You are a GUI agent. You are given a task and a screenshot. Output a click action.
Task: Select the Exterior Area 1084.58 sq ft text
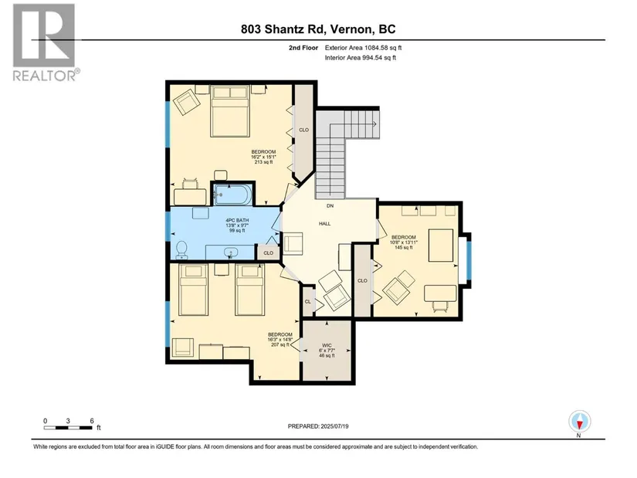click(x=363, y=48)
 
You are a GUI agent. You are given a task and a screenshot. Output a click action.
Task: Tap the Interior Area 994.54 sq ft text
click(x=361, y=58)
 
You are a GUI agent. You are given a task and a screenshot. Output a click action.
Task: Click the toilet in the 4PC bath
click(x=181, y=250)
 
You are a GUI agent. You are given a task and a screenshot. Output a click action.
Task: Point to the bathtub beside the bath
click(x=232, y=195)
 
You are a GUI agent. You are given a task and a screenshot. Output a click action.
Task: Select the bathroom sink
click(x=231, y=253)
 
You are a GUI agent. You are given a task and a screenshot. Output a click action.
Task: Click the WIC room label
click(x=327, y=345)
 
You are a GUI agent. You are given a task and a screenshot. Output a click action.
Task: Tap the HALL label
click(x=324, y=223)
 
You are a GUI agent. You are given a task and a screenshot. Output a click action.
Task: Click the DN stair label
click(x=330, y=206)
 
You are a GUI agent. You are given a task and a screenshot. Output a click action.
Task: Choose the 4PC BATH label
click(x=237, y=220)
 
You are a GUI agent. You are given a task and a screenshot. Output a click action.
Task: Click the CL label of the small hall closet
click(x=307, y=302)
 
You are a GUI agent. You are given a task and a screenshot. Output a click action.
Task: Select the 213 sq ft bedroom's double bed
click(x=230, y=111)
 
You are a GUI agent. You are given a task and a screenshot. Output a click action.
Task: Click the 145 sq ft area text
click(x=404, y=248)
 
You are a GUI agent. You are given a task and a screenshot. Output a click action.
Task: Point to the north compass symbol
click(x=580, y=422)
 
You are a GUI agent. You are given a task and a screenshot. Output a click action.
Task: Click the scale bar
click(x=69, y=428)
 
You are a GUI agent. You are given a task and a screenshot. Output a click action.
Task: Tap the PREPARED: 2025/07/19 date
click(x=318, y=426)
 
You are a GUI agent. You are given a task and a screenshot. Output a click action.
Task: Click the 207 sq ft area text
click(x=280, y=344)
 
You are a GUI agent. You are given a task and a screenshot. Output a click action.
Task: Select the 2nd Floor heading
click(x=303, y=48)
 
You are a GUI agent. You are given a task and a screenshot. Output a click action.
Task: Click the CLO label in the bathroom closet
click(x=269, y=253)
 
